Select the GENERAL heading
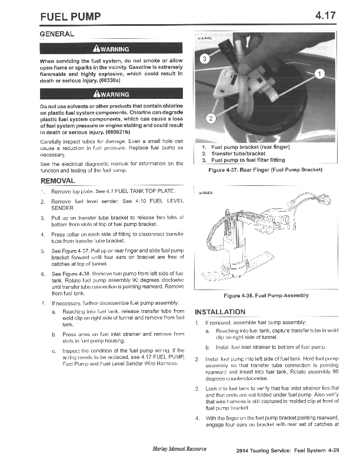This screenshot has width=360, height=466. [x=56, y=34]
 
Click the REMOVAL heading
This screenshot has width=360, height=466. [x=57, y=181]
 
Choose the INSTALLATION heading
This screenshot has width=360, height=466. [x=220, y=311]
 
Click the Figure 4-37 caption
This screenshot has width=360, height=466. [x=266, y=170]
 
